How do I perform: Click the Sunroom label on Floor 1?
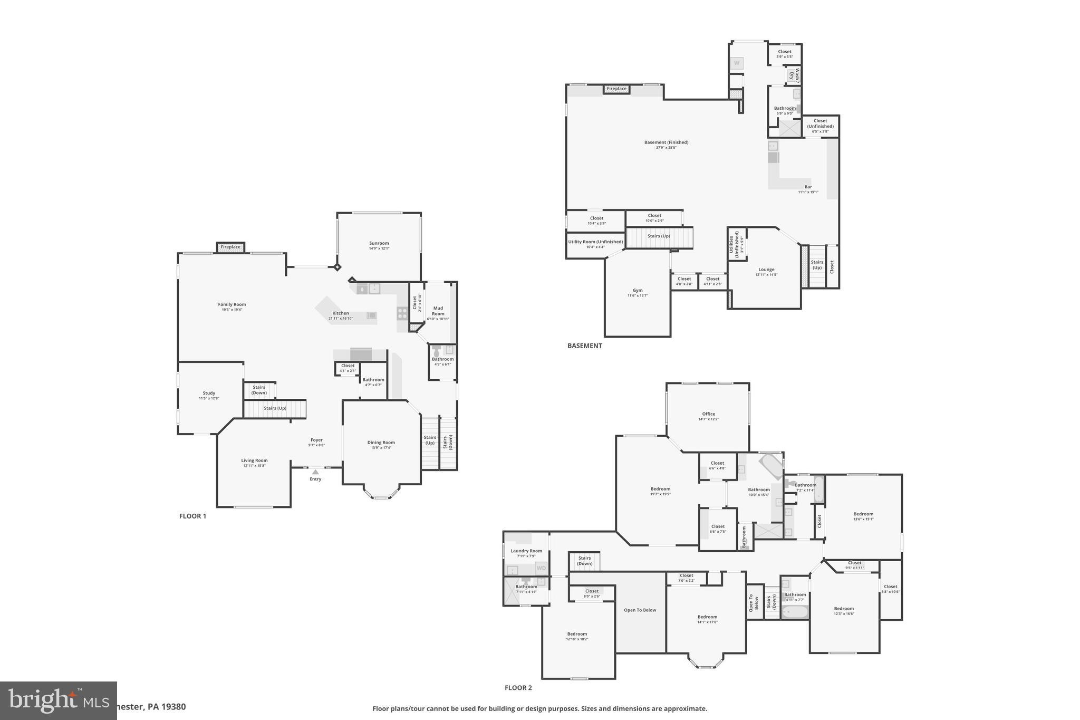point(379,243)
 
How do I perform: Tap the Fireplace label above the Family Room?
point(230,247)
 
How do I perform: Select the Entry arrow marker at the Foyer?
point(315,472)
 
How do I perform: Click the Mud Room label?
point(438,311)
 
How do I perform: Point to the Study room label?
point(209,393)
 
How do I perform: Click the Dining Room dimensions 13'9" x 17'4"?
point(381,448)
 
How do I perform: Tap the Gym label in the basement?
point(638,290)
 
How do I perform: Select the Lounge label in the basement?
point(766,270)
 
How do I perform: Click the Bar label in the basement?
point(808,187)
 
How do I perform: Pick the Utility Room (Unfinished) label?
point(595,242)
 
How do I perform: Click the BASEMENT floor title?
point(584,346)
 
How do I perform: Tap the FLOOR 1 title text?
point(192,516)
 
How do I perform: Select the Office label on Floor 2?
point(708,414)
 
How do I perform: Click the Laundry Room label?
point(526,551)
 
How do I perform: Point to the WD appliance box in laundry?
point(541,568)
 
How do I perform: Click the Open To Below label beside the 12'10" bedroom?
point(640,610)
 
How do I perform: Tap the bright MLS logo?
point(58,700)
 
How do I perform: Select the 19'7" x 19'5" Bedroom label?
point(660,489)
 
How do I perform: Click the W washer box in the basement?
point(737,63)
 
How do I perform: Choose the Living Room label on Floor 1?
point(254,460)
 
